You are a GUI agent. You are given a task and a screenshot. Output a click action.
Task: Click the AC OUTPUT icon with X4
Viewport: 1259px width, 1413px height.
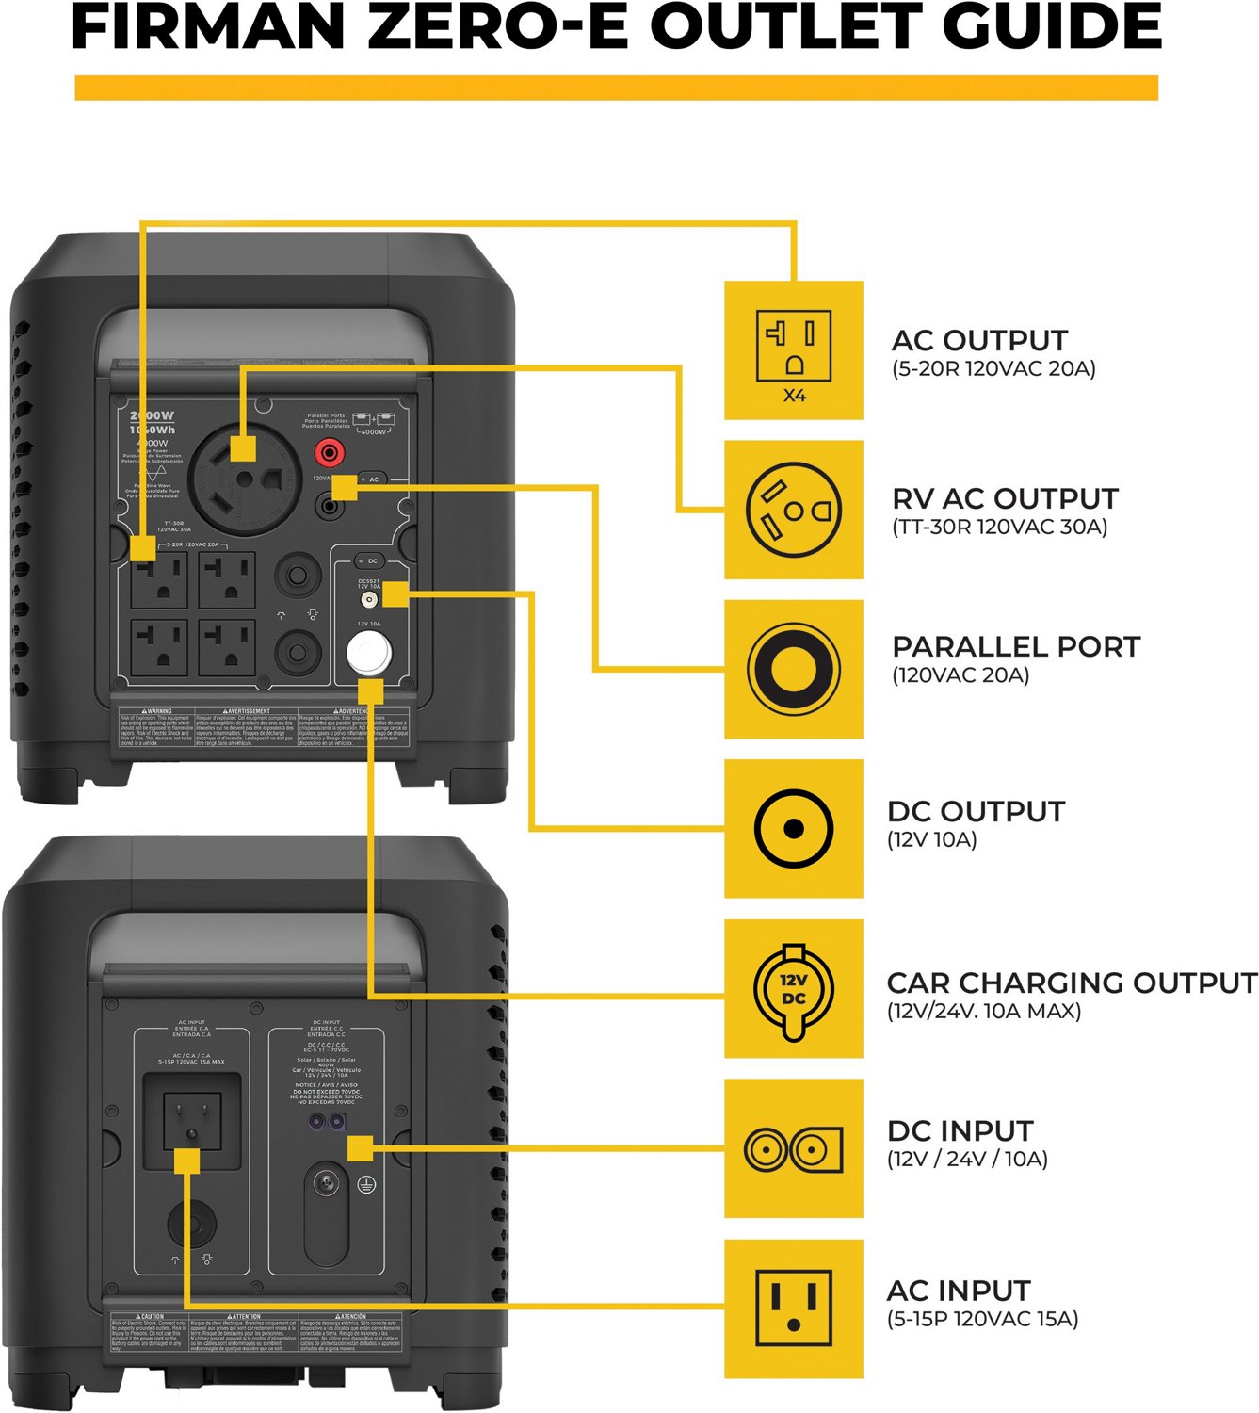(794, 349)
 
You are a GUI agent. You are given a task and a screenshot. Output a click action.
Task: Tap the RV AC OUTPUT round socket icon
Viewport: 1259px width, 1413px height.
(794, 510)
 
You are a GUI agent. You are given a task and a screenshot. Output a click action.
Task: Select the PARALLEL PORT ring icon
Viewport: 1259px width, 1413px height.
(794, 669)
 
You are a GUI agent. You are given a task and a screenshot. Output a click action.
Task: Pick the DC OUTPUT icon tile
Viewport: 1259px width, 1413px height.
(794, 829)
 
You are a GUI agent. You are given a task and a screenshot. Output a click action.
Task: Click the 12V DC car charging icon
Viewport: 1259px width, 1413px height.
(794, 989)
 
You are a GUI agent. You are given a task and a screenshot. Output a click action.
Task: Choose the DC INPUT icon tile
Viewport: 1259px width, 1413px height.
(794, 1149)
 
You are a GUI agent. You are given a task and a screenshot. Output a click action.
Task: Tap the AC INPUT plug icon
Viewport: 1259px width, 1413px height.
(794, 1308)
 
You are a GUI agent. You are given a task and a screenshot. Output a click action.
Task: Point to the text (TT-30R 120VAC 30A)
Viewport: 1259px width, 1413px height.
(999, 527)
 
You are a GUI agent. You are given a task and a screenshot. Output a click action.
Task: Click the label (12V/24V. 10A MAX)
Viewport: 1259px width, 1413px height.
(983, 1012)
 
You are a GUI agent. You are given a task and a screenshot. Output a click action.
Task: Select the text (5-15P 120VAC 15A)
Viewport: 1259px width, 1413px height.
(982, 1319)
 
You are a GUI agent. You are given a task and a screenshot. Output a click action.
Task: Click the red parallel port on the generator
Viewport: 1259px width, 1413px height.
(329, 453)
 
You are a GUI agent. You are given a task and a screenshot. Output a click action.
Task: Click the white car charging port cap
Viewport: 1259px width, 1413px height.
(368, 652)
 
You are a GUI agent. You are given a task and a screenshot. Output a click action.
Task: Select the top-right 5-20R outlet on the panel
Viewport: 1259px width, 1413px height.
(227, 579)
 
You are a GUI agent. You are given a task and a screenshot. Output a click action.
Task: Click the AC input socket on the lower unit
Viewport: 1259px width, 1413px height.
(192, 1120)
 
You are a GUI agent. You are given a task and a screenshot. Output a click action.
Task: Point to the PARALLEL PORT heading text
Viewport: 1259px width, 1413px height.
(1016, 647)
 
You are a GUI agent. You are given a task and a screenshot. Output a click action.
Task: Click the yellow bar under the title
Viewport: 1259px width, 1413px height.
(616, 89)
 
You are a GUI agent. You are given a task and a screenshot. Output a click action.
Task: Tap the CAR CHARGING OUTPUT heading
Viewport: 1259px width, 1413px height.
(1072, 983)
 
